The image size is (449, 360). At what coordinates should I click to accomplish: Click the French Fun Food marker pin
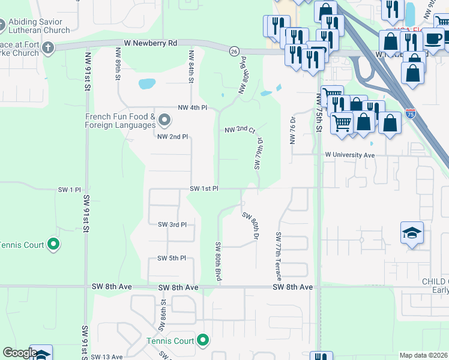click(x=164, y=122)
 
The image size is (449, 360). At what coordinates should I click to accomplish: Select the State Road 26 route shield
click(x=234, y=52)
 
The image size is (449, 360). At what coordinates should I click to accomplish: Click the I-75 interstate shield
click(x=411, y=112)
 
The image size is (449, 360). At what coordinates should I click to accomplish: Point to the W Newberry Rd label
click(x=151, y=43)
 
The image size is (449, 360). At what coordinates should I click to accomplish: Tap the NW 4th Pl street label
click(x=192, y=107)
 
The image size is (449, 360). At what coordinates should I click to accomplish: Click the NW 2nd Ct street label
click(x=240, y=130)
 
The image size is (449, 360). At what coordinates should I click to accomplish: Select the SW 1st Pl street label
click(x=204, y=188)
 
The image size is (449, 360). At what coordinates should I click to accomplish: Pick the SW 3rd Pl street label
click(x=172, y=224)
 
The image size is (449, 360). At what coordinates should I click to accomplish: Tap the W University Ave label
click(x=349, y=155)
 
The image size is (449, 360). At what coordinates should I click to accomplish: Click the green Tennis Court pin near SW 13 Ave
click(x=203, y=341)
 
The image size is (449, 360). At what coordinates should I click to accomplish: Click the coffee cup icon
click(x=433, y=39)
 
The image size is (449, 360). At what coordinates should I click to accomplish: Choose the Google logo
click(x=19, y=353)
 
